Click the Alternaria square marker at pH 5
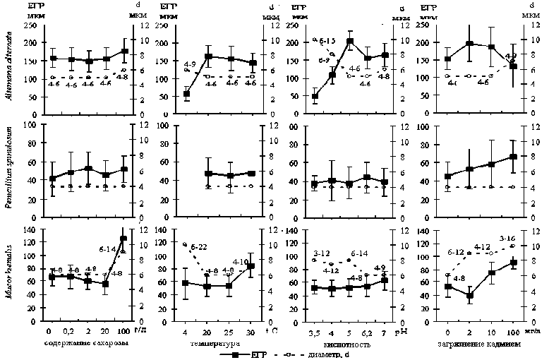pyautogui.click(x=349, y=41)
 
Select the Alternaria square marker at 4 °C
pyautogui.click(x=186, y=94)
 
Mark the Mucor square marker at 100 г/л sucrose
pyautogui.click(x=123, y=239)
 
